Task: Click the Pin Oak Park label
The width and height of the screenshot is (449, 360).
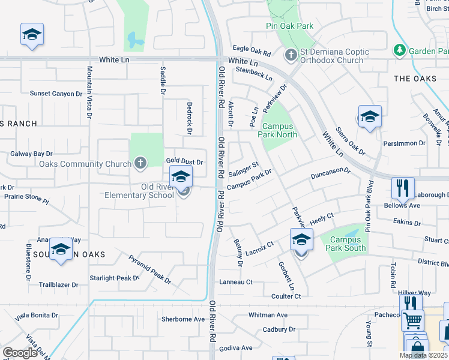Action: (x=289, y=26)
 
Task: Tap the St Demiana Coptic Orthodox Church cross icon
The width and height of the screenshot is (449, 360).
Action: (x=291, y=56)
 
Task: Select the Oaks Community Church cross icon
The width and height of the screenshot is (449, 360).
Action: (x=140, y=163)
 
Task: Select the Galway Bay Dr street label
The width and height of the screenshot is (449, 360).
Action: (x=32, y=154)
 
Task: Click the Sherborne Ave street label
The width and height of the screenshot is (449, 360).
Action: (x=183, y=319)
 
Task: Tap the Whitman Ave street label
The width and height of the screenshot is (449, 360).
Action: (x=268, y=315)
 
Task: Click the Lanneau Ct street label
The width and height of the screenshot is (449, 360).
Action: (x=236, y=281)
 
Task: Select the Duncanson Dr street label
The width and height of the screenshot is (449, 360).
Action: (x=330, y=173)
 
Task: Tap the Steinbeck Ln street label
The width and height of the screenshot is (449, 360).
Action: (x=254, y=74)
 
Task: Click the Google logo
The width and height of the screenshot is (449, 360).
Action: (x=20, y=353)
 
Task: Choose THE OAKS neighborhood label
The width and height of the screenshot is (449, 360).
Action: (x=415, y=79)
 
